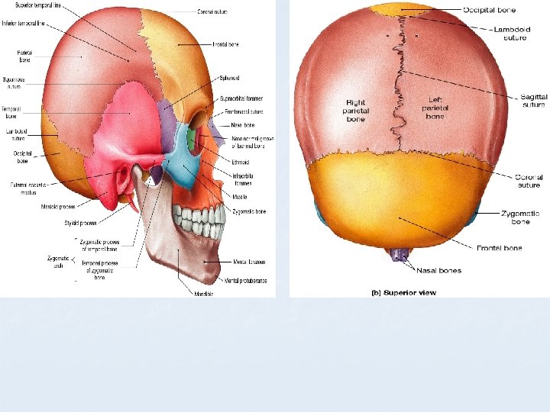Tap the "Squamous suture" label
coord(14,83)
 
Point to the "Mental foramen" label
coord(251,262)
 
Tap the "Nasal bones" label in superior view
coord(438,270)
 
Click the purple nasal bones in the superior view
coord(396,254)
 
